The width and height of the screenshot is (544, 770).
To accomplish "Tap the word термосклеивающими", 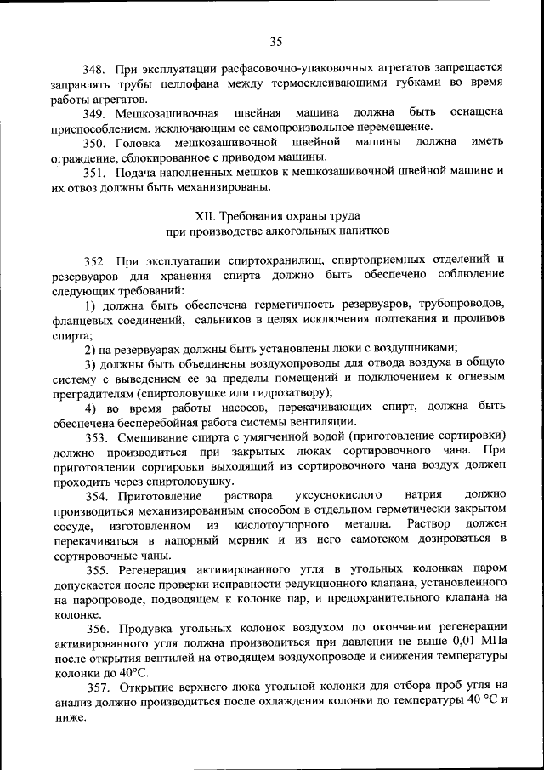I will [340, 83].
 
